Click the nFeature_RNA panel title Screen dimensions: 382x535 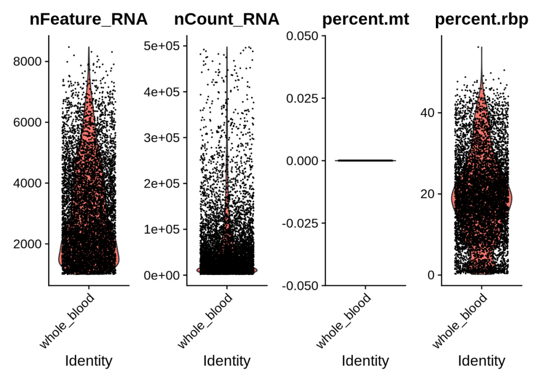[89, 20]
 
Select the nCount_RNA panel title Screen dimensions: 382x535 [226, 20]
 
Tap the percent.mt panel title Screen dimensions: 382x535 [365, 20]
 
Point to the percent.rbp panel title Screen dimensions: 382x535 [481, 20]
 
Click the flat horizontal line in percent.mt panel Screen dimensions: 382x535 [365, 161]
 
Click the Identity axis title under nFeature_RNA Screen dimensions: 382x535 [89, 360]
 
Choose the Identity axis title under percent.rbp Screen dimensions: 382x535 [481, 360]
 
